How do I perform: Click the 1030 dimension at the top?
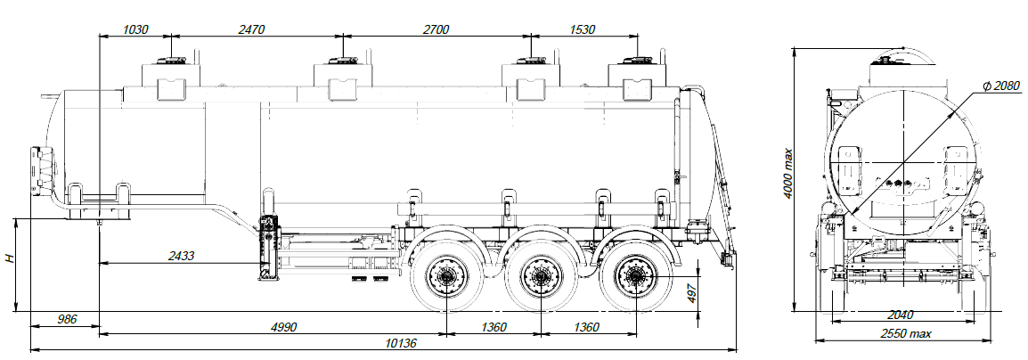tap(135, 29)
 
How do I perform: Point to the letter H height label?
tap(10, 259)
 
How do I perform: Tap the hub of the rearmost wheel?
tap(636, 278)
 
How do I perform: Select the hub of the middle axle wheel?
tap(539, 278)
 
